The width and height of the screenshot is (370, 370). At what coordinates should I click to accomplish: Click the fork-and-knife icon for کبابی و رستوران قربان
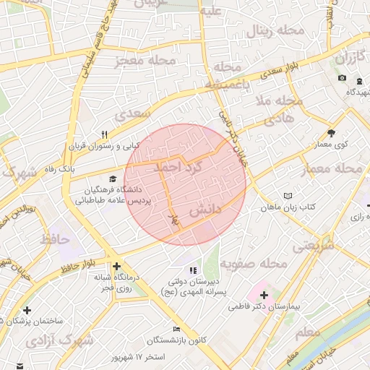[x=105, y=134]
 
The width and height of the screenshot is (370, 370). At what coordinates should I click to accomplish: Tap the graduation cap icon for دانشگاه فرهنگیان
[x=112, y=178]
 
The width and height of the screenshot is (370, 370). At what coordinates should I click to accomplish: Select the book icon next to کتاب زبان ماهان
[x=288, y=196]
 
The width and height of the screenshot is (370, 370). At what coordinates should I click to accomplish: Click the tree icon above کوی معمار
[x=331, y=133]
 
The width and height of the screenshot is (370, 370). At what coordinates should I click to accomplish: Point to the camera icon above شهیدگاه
[x=342, y=78]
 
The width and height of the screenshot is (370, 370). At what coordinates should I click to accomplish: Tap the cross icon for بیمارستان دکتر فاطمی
[x=264, y=295]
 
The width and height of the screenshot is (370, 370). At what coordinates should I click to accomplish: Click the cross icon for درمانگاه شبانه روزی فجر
[x=116, y=265]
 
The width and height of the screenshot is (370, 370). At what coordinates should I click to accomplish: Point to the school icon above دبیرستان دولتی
[x=192, y=270]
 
